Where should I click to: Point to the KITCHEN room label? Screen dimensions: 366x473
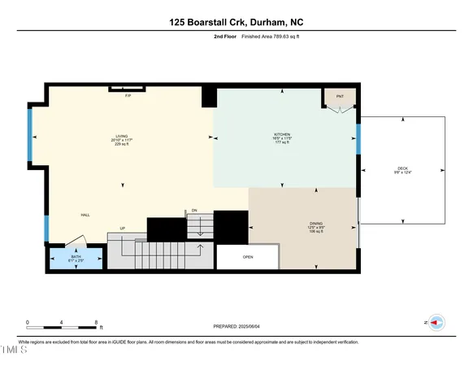[282, 134]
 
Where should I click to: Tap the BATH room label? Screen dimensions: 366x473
[76, 257]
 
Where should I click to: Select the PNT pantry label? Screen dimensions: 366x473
[340, 95]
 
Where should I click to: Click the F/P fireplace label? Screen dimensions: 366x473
[128, 96]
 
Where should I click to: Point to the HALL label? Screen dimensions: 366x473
[85, 216]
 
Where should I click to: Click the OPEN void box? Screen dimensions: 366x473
[248, 258]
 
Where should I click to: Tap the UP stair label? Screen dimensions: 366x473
[122, 229]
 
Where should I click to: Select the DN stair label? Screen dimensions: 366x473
[195, 211]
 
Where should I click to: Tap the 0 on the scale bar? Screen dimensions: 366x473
[28, 322]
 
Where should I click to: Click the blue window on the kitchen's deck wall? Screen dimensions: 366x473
[358, 139]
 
